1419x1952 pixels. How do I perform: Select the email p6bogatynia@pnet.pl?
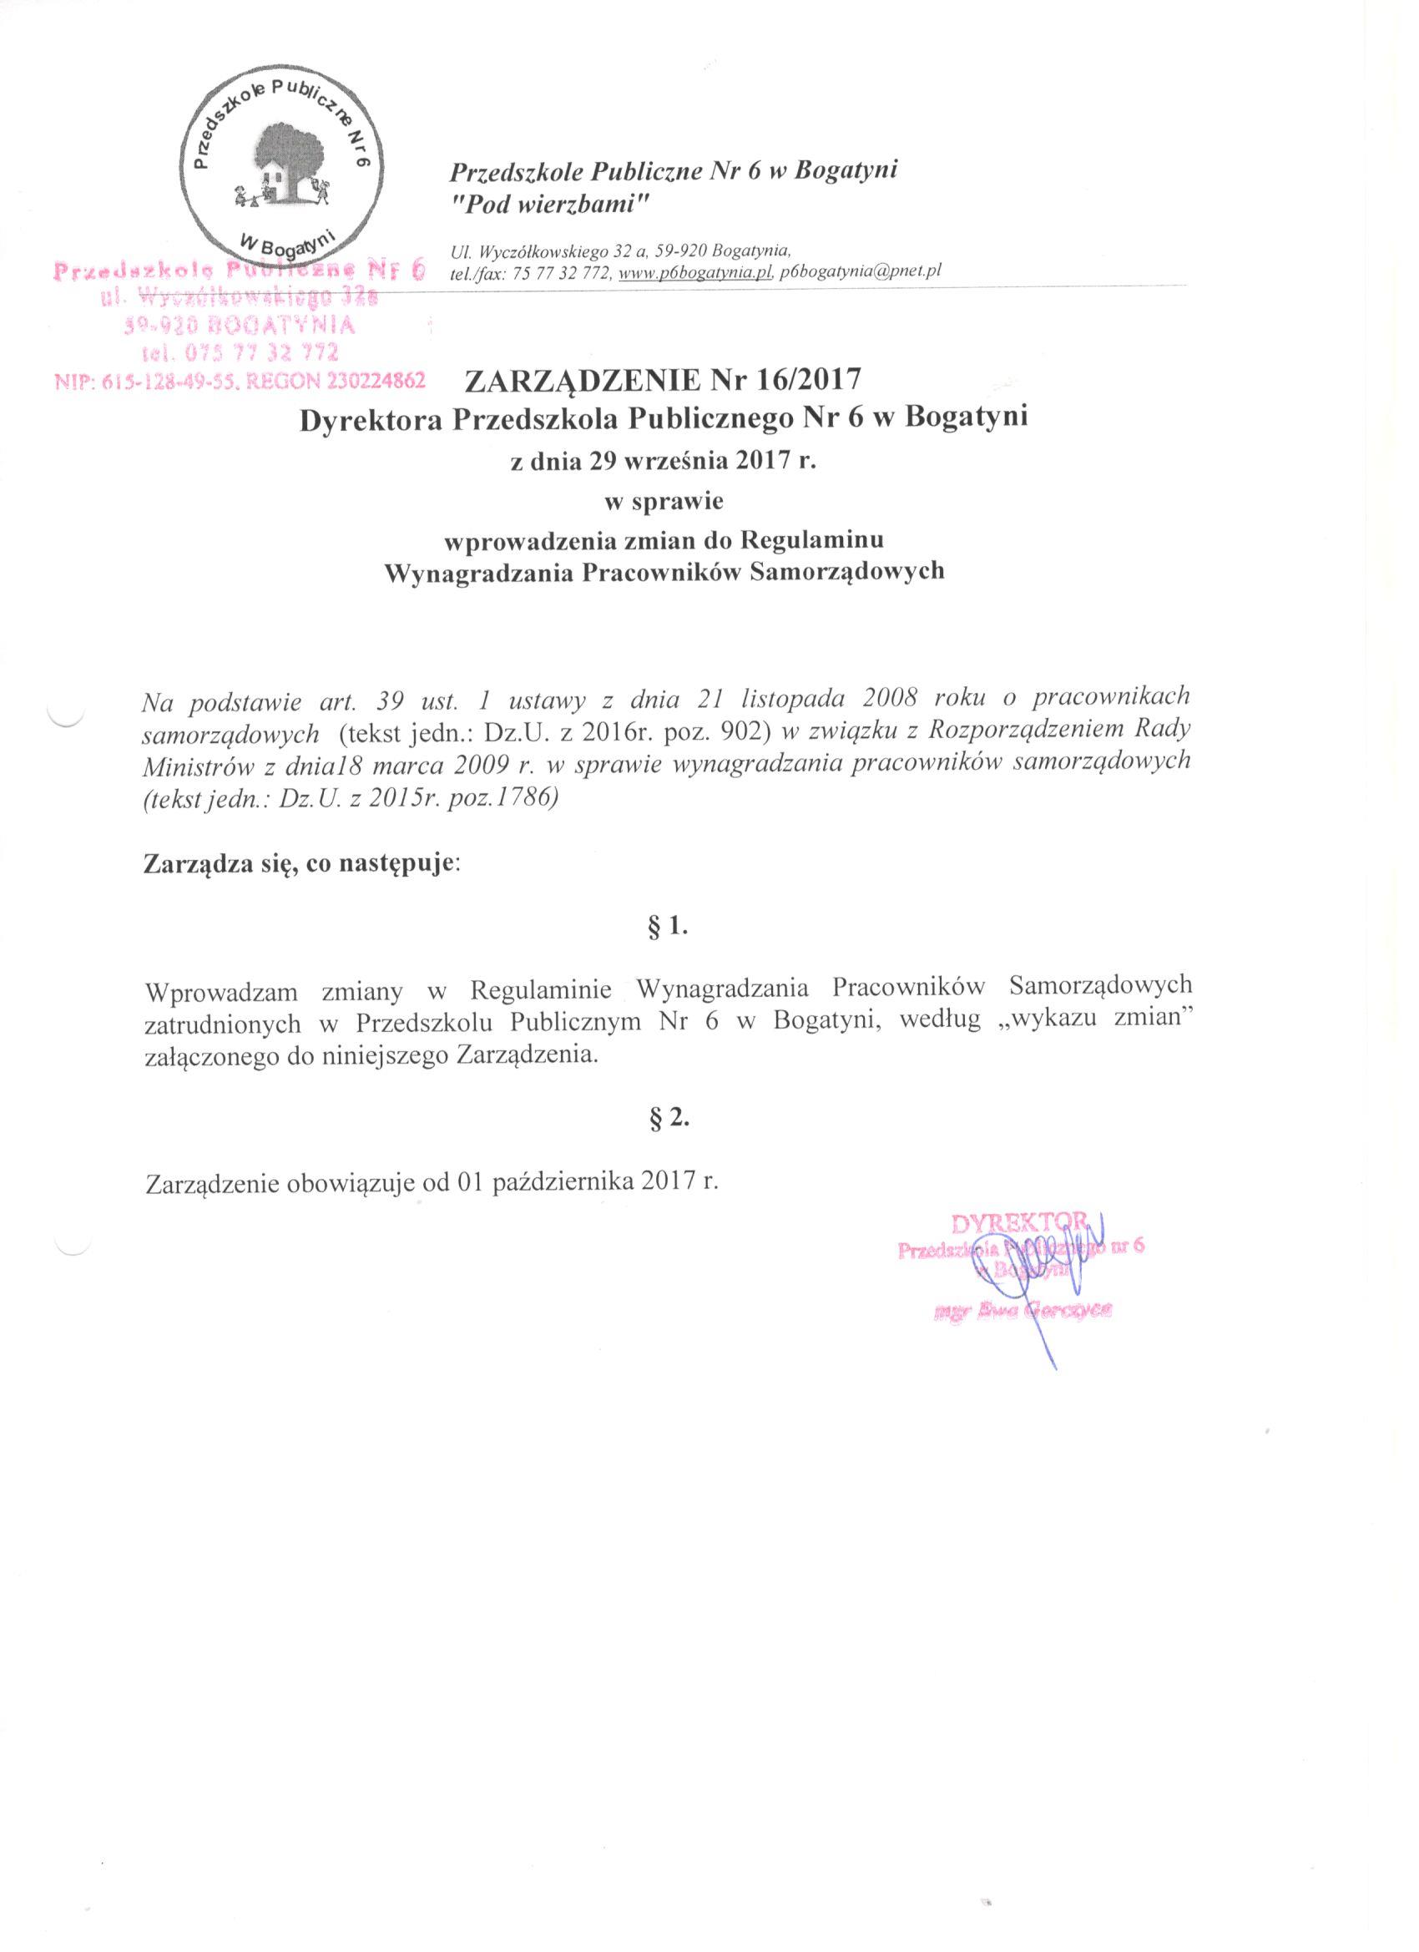click(x=861, y=270)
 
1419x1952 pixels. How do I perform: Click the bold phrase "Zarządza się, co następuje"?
click(x=302, y=862)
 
